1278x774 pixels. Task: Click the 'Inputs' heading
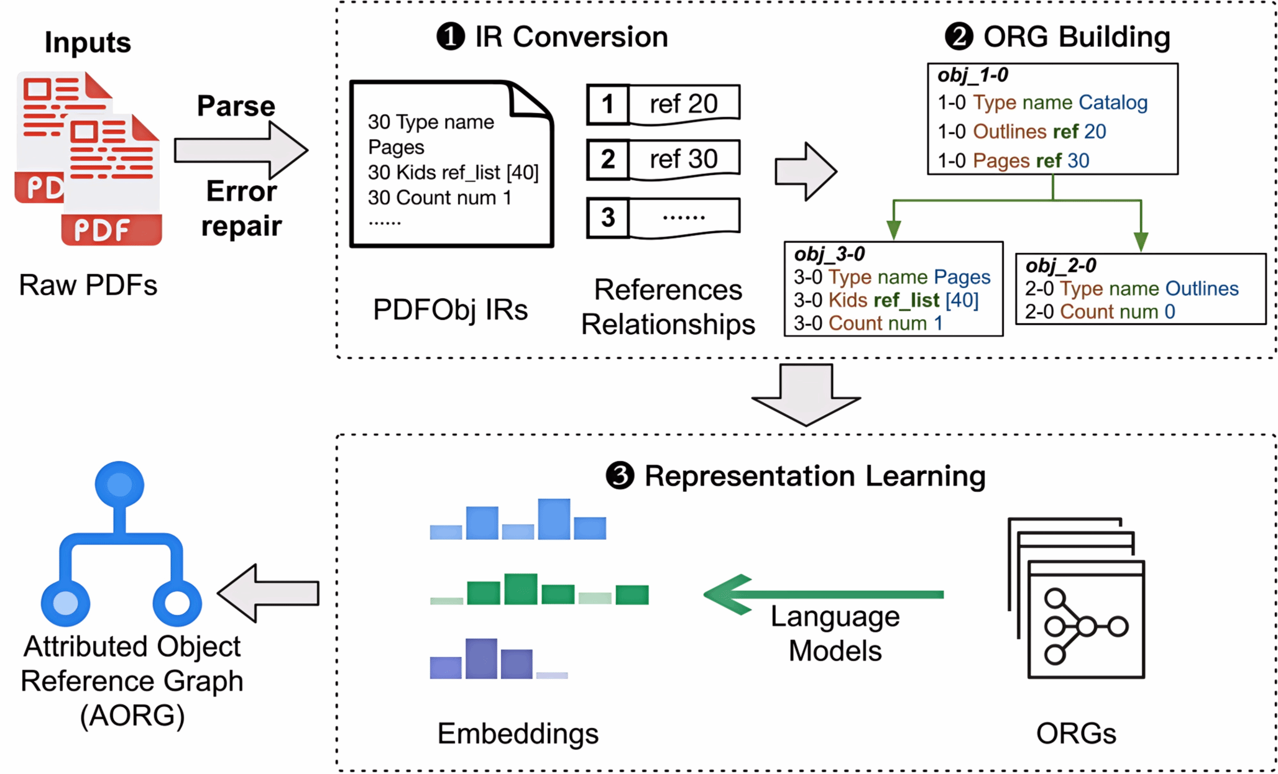[88, 42]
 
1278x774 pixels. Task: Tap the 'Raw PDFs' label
[88, 285]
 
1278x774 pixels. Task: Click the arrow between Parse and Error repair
[241, 150]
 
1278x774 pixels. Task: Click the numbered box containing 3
[608, 217]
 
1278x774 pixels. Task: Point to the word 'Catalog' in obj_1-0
[1113, 102]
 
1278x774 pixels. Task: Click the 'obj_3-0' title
[829, 253]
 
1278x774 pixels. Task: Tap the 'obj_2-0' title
[1060, 265]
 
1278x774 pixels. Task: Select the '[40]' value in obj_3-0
[962, 300]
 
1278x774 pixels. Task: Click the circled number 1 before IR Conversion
[451, 37]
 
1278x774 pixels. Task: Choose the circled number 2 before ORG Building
[959, 36]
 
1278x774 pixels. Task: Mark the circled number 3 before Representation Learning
[620, 476]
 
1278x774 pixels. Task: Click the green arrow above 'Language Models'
[824, 594]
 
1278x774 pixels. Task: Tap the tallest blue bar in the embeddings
[554, 519]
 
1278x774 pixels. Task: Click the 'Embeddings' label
[518, 734]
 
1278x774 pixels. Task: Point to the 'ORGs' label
[1076, 734]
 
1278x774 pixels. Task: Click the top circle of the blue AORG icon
[119, 485]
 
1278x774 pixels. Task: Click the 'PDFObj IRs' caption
[451, 309]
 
